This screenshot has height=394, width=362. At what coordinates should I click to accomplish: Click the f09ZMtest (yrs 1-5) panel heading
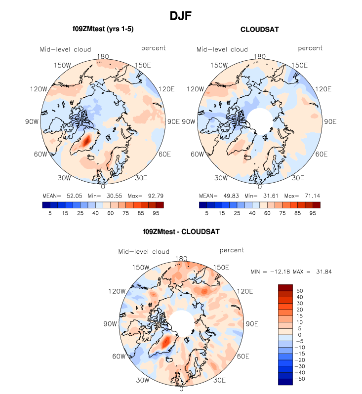click(x=103, y=30)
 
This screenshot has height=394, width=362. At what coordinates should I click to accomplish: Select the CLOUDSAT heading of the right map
click(x=260, y=30)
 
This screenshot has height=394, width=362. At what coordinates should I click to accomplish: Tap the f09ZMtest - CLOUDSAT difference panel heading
click(x=181, y=231)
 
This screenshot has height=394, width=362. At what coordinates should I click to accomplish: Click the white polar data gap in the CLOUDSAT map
click(x=260, y=121)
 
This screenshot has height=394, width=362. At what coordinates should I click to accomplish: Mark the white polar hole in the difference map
click(x=181, y=323)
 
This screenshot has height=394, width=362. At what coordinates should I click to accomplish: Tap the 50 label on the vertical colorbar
click(x=299, y=291)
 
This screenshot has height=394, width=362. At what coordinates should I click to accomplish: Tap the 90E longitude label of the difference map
click(x=252, y=324)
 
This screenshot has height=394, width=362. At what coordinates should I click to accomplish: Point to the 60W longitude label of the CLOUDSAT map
click(x=197, y=155)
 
